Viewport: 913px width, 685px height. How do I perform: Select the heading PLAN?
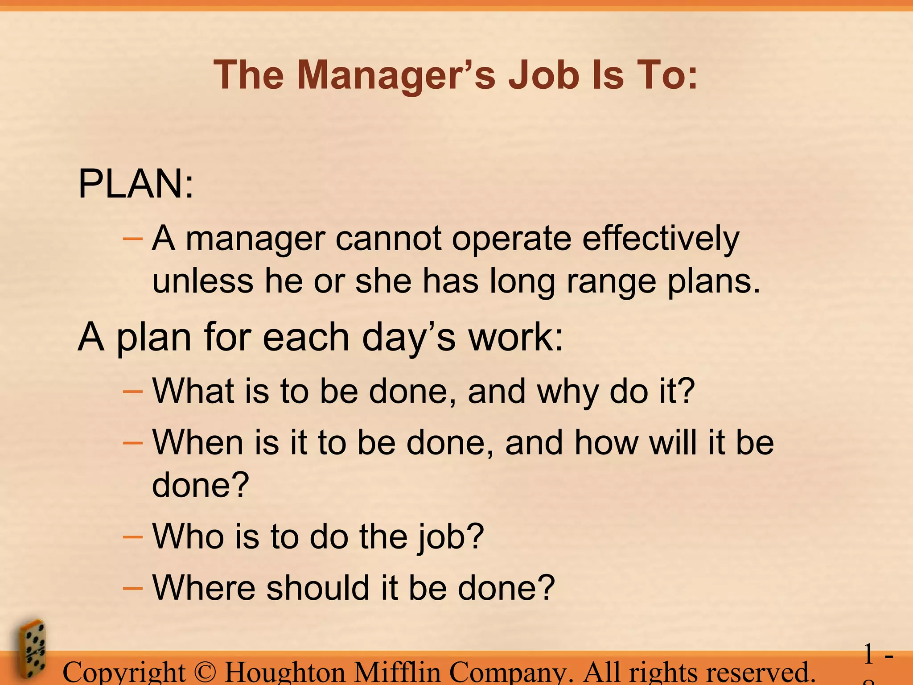(x=136, y=184)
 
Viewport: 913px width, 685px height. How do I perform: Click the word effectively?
(x=661, y=239)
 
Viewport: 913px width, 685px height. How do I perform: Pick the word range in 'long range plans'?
(x=611, y=282)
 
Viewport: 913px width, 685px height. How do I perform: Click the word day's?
(x=408, y=337)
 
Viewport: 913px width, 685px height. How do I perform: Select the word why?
(x=568, y=392)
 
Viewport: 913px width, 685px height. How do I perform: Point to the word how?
(x=606, y=442)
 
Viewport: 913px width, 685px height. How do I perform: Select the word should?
(x=318, y=588)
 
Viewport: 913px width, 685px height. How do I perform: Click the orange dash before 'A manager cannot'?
(x=132, y=239)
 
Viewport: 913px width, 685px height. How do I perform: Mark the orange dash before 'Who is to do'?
(x=132, y=536)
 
